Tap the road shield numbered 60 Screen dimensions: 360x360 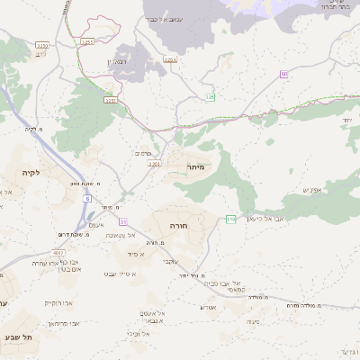(x=283, y=74)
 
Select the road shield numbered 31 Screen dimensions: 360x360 (x=123, y=220)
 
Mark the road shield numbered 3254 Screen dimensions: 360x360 (x=112, y=101)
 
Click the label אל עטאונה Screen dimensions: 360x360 (x=144, y=235)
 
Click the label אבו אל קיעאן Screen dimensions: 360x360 (x=267, y=218)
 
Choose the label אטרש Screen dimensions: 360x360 (x=208, y=307)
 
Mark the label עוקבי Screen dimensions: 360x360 (x=167, y=261)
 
